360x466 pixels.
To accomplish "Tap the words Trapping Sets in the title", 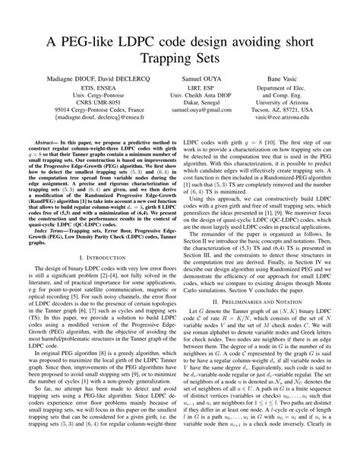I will coord(179,58).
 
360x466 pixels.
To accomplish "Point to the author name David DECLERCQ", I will coord(124,81).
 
